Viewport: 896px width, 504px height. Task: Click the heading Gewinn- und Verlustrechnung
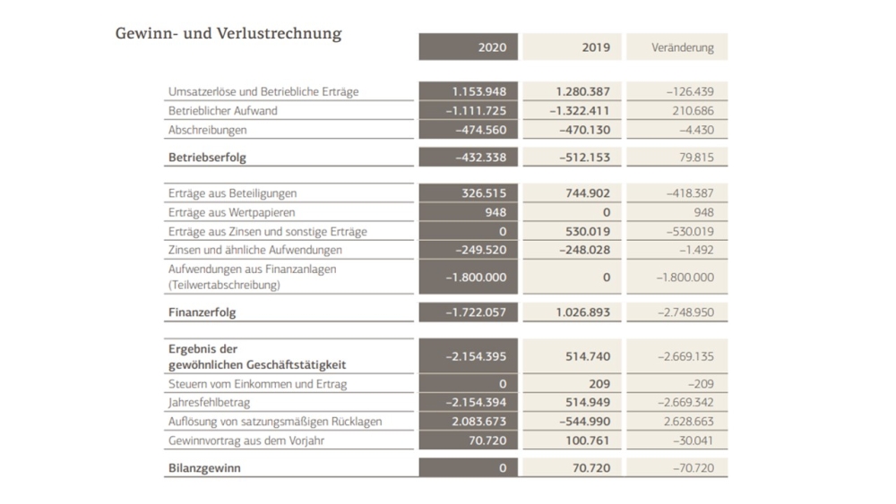click(x=228, y=34)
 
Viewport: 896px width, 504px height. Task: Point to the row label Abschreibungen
click(x=208, y=130)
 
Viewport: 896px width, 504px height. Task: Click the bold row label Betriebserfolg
click(x=207, y=158)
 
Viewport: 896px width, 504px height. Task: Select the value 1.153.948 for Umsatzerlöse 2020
click(x=478, y=91)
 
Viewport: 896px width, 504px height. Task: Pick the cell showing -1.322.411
click(x=580, y=111)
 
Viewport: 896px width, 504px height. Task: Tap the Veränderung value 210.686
click(x=693, y=111)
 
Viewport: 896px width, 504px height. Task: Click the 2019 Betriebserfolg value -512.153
click(x=584, y=158)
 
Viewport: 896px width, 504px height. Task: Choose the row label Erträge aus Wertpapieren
click(x=231, y=212)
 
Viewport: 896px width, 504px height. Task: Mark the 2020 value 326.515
click(x=484, y=193)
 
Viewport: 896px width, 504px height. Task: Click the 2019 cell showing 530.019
click(x=588, y=232)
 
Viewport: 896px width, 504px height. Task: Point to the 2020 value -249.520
click(x=480, y=250)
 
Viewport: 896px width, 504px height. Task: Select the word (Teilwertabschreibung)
click(x=224, y=285)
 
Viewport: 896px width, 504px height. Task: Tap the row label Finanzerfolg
click(x=202, y=312)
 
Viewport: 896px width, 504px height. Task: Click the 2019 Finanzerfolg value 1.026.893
click(x=583, y=312)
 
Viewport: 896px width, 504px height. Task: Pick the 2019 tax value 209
click(x=599, y=384)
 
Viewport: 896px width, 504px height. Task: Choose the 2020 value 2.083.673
click(x=478, y=422)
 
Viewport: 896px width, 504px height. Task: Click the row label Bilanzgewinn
click(x=204, y=468)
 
